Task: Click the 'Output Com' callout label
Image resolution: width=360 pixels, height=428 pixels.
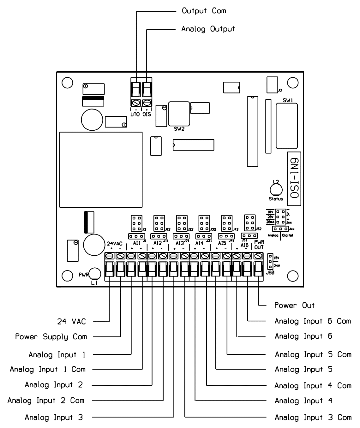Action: point(204,11)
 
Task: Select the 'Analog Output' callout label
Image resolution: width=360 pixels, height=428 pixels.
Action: point(208,29)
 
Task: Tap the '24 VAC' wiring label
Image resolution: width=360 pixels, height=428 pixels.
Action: point(71,322)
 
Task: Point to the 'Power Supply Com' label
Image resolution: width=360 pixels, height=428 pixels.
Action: point(51,337)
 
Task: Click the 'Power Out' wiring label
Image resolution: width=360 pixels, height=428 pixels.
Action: point(294,306)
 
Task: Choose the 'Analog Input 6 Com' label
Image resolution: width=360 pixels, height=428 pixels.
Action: point(313,321)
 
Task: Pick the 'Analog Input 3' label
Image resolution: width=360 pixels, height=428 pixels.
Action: point(54,418)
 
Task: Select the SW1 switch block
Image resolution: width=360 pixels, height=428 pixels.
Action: point(286,126)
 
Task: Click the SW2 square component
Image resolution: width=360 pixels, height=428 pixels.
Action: point(179,114)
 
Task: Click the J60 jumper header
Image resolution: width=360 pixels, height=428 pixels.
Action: point(270,262)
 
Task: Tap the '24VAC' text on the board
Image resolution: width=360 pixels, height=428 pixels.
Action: point(114,244)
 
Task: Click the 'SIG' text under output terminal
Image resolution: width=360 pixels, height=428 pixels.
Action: point(147,114)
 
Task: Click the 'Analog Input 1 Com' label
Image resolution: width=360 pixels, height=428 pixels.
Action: point(47,369)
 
